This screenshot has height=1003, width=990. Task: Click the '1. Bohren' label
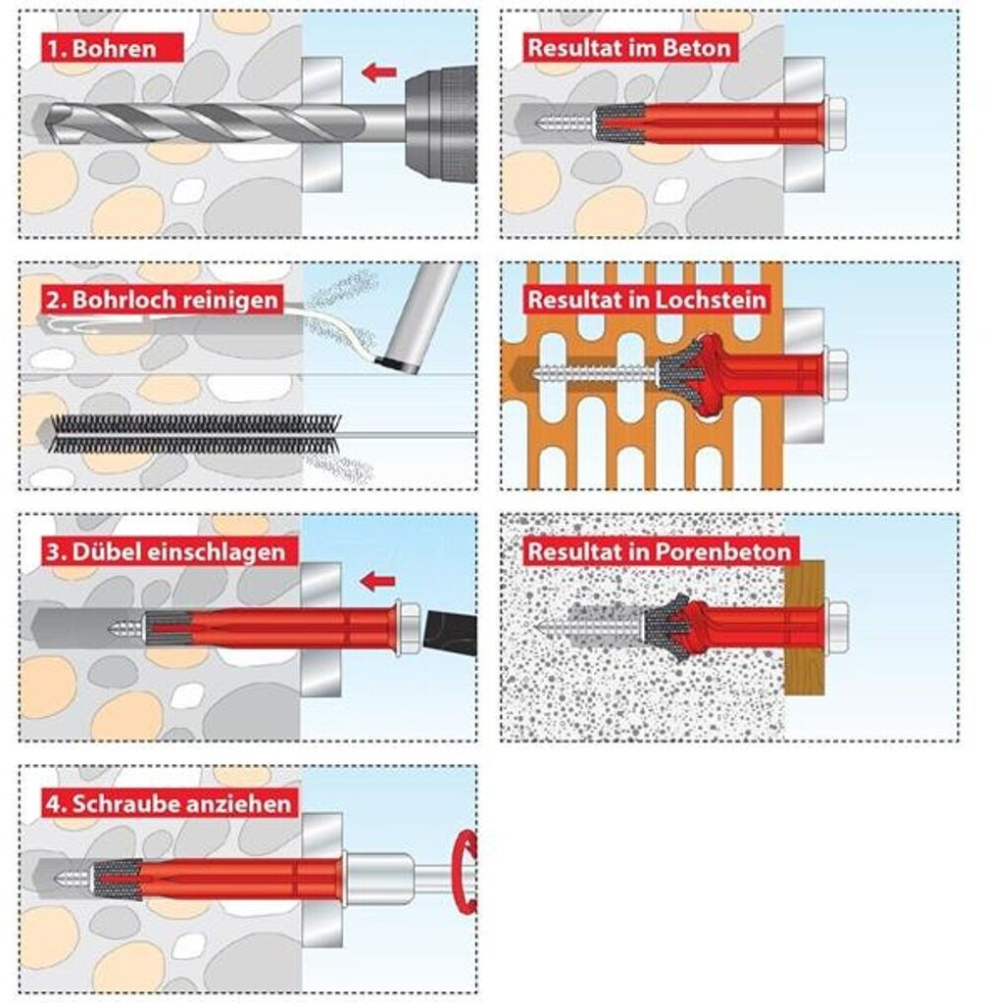point(114,48)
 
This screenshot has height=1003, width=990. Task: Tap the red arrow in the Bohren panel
point(379,72)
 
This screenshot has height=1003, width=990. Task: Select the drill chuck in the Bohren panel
point(441,125)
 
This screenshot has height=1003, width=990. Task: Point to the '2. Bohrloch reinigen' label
point(163,300)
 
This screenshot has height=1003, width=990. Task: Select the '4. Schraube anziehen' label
point(169,803)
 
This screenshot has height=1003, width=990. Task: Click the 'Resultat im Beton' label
point(629,48)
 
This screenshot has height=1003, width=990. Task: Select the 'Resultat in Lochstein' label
point(647,300)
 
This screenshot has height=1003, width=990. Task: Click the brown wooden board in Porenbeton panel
point(805,628)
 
